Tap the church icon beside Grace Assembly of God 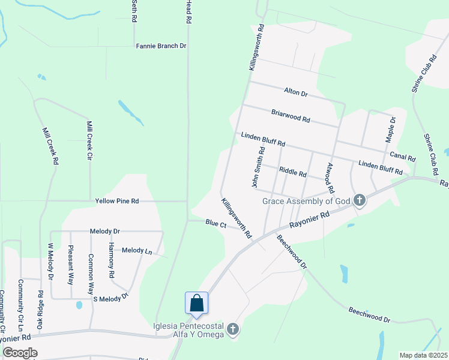(360, 200)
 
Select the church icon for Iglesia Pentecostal (233, 329)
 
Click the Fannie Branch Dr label (161, 46)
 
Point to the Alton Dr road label (295, 93)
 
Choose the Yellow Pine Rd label (116, 201)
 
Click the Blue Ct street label (215, 223)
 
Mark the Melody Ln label (136, 250)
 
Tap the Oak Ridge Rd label (40, 310)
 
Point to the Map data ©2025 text (423, 355)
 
